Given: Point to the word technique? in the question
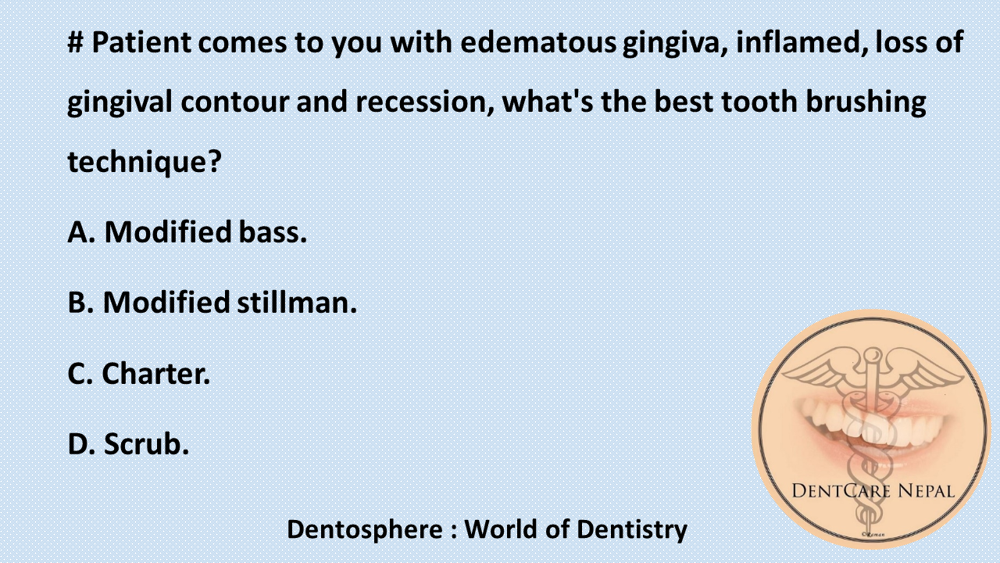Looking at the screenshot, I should [x=145, y=163].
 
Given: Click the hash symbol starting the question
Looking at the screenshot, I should [x=76, y=42].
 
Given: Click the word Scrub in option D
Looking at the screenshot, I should [x=146, y=444].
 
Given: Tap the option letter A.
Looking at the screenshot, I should [x=79, y=231].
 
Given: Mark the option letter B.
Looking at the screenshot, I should [x=79, y=303].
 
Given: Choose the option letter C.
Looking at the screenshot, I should [x=79, y=374].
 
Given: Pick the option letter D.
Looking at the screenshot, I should [x=79, y=444].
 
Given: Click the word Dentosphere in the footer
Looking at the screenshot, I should [x=364, y=529].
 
